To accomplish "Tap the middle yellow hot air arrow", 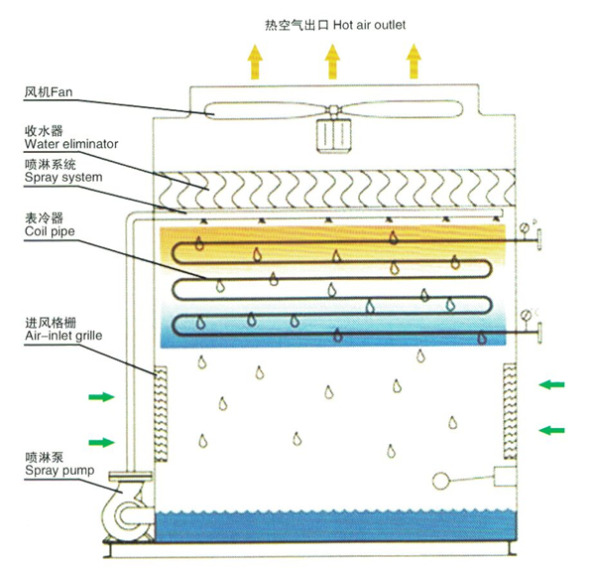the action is (332, 62).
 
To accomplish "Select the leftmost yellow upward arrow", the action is (255, 62).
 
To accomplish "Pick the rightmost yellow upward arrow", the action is (414, 62).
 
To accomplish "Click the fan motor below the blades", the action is (334, 136).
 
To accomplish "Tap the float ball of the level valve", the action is (440, 482).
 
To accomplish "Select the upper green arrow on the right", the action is (551, 385).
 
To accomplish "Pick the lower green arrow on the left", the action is (101, 442).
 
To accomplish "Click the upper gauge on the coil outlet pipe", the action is (525, 228).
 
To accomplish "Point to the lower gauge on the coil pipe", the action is (526, 315).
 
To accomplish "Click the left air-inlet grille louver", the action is (161, 414).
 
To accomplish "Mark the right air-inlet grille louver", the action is (510, 411).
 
